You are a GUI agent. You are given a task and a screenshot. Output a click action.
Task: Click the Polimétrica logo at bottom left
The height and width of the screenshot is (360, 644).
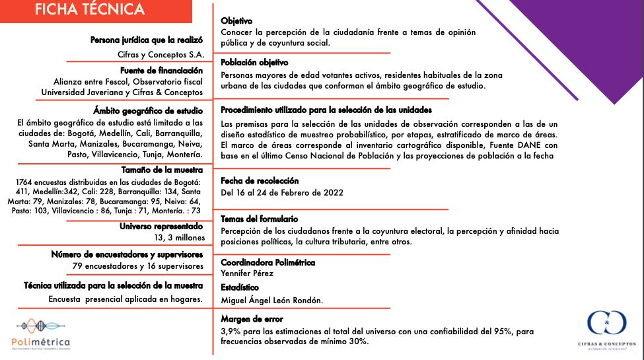41,334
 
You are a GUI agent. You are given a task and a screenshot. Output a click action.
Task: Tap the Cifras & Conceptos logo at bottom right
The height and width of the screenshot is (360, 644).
606,331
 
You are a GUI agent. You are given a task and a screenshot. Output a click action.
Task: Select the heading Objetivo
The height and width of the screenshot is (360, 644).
236,22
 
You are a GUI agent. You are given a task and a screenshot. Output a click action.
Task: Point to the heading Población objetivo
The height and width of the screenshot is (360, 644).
254,63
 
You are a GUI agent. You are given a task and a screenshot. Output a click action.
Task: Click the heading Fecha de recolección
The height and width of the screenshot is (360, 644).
260,181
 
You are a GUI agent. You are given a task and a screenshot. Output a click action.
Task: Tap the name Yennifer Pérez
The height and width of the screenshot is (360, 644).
247,273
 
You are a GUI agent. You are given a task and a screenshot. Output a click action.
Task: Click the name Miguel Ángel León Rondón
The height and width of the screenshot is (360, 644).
271,301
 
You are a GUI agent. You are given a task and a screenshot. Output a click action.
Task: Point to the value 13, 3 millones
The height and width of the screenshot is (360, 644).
180,238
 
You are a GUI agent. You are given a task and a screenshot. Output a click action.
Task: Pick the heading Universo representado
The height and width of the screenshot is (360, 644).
161,227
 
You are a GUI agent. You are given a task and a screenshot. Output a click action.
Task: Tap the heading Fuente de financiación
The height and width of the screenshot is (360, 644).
162,71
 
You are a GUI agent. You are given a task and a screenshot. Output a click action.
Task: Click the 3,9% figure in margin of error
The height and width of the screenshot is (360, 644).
231,331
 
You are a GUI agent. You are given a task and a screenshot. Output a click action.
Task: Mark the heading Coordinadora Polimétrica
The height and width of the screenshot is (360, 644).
268,262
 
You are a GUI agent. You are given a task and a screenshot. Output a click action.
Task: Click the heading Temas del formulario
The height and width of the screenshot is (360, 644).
259,219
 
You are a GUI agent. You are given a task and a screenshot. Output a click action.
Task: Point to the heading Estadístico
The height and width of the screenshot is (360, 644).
240,288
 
